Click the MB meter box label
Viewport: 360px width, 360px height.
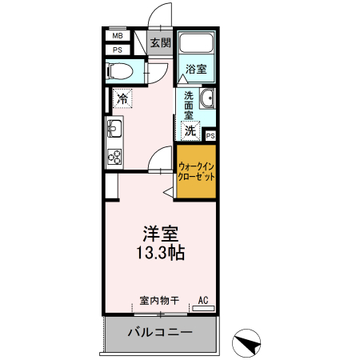pos(118,35)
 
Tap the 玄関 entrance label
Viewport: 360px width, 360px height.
pos(161,42)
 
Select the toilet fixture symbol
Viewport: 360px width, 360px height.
pos(120,71)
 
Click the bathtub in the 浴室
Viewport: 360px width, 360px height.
pos(197,43)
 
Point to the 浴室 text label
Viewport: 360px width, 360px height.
pos(196,69)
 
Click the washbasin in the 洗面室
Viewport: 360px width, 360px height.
pos(207,98)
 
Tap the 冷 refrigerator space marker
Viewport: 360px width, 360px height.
pos(122,98)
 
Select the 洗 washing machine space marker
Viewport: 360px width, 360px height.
pos(190,130)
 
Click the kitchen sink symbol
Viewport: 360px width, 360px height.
pos(114,129)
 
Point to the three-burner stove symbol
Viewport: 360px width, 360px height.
pos(114,157)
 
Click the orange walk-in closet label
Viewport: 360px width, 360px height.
pos(196,172)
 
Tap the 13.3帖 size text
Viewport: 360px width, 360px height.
pos(161,252)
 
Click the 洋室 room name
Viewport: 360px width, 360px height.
pos(161,234)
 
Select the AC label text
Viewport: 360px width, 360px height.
pos(203,300)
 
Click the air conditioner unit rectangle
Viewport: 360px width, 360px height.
pos(203,309)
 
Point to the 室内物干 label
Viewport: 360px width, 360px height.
pos(159,301)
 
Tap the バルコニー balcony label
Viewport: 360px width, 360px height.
pos(160,332)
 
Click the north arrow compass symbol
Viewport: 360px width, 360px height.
pos(246,343)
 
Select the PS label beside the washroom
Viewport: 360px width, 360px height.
pos(210,136)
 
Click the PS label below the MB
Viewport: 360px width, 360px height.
pos(118,50)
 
